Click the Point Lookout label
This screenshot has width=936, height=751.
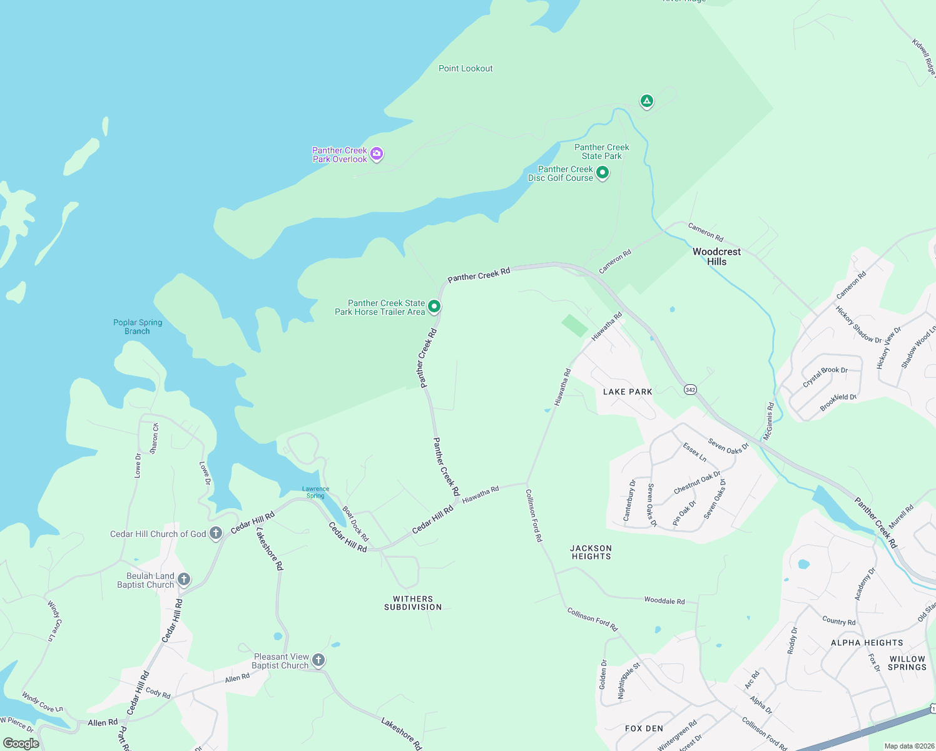[x=465, y=68]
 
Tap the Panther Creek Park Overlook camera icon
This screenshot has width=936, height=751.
[x=376, y=154]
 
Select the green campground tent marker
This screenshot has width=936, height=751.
[x=646, y=101]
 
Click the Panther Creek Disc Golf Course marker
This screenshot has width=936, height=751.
[x=602, y=172]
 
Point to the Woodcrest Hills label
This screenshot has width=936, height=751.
[x=716, y=257]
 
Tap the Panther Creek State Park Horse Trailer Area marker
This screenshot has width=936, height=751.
[x=434, y=307]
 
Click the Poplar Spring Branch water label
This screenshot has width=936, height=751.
[x=138, y=327]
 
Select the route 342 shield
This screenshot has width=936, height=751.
[x=690, y=389]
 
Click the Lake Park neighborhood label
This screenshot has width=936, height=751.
[x=628, y=392]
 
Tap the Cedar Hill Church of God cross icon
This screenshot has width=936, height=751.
[x=216, y=533]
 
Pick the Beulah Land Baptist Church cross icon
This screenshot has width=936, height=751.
[x=183, y=579]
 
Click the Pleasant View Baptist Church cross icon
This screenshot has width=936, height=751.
[x=318, y=660]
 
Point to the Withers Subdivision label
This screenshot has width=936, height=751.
[x=413, y=603]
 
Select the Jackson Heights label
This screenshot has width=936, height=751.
[x=591, y=552]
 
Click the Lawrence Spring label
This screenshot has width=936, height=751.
[x=315, y=493]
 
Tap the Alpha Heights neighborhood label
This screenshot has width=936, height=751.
[x=867, y=643]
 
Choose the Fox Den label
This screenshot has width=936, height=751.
[x=644, y=728]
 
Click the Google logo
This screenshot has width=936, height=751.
[x=21, y=743]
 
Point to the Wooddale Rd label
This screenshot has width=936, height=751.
[x=664, y=601]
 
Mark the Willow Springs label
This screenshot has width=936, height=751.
[x=907, y=663]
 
